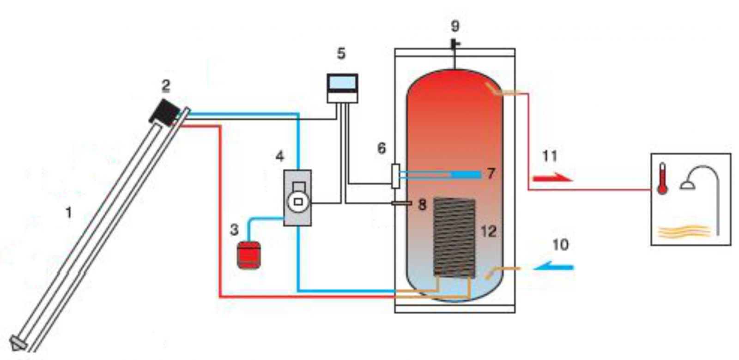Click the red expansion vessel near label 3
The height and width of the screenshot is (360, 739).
[x=248, y=255]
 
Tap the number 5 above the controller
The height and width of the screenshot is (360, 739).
[x=341, y=54]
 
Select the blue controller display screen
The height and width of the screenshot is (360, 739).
[x=342, y=83]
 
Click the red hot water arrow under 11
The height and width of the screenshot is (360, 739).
[x=552, y=178]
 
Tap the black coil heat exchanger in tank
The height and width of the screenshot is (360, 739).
[x=454, y=238]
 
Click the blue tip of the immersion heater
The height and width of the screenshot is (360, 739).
[x=466, y=174]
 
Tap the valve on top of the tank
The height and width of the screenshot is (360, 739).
[x=455, y=44]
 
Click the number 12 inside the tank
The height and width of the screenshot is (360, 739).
[x=488, y=231]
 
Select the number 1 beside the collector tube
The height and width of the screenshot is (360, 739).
[x=69, y=213]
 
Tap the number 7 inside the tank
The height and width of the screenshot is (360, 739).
[x=491, y=174]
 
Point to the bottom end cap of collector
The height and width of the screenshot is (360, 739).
[x=18, y=343]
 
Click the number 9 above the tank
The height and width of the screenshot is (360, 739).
[x=455, y=26]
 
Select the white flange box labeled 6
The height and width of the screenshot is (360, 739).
[x=395, y=176]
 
